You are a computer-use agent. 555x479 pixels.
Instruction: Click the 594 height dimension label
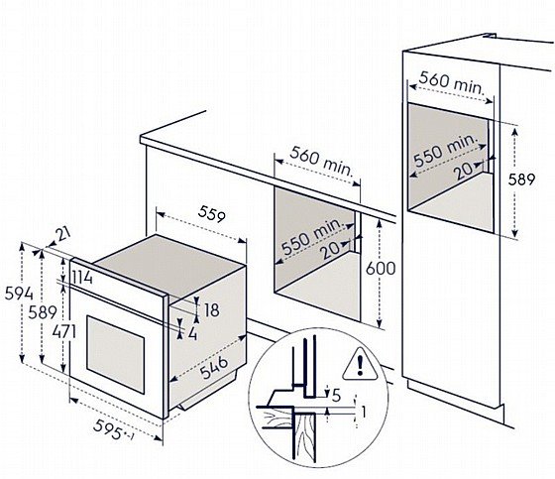point(19,294)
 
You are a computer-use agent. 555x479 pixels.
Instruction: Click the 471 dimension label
point(64,332)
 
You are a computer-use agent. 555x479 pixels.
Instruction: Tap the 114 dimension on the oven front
point(82,278)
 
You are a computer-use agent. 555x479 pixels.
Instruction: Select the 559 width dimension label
point(211,214)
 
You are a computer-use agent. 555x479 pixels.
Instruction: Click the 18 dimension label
point(212,310)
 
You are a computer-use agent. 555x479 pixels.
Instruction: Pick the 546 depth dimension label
point(214,367)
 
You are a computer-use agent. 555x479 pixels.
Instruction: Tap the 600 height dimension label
point(381,268)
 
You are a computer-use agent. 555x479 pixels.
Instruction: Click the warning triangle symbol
point(360,364)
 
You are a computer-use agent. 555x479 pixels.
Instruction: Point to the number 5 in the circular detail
point(336,395)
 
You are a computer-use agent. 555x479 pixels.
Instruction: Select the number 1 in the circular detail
point(363,412)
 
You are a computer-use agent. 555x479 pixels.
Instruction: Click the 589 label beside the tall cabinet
point(521,180)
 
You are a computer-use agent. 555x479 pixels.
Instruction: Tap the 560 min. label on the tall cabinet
point(451,83)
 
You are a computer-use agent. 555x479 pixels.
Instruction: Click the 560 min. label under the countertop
point(322,162)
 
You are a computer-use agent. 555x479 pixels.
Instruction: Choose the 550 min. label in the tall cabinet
point(446,150)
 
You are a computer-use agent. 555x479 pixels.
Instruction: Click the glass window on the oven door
point(115,354)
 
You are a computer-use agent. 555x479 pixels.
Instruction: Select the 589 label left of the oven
point(43,312)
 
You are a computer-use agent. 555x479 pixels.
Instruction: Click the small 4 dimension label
point(192,333)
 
